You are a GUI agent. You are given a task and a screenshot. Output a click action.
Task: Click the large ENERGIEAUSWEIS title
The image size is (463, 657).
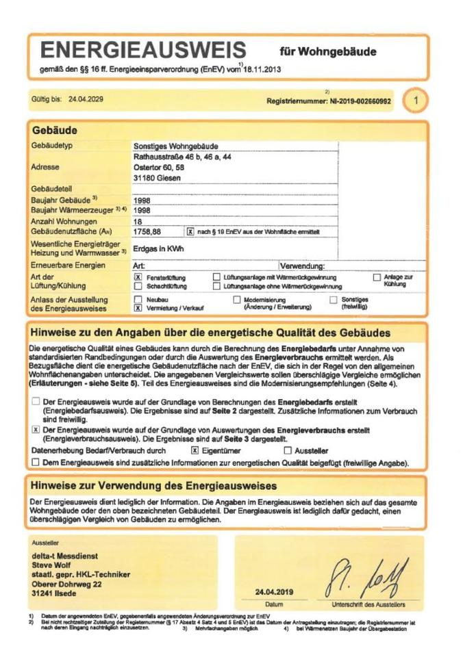[143, 50]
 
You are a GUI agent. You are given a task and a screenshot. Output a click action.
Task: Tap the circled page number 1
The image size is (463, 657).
[414, 101]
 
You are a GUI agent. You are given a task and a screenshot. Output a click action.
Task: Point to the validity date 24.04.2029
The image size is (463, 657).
[86, 99]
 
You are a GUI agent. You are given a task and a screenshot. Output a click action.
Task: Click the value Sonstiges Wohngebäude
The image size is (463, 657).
[175, 146]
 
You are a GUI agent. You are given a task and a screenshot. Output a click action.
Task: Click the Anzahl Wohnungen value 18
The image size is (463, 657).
[138, 222]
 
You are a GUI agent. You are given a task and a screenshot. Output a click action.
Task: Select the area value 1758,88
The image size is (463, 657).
[147, 233]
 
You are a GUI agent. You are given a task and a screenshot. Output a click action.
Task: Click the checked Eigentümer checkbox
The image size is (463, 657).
[195, 451]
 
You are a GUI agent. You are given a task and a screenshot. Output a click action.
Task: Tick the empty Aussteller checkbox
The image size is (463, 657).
[288, 451]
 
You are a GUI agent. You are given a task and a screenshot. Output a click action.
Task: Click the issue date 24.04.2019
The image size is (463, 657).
[274, 592]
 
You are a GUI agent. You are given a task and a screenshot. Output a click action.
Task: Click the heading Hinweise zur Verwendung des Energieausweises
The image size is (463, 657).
[153, 486]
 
